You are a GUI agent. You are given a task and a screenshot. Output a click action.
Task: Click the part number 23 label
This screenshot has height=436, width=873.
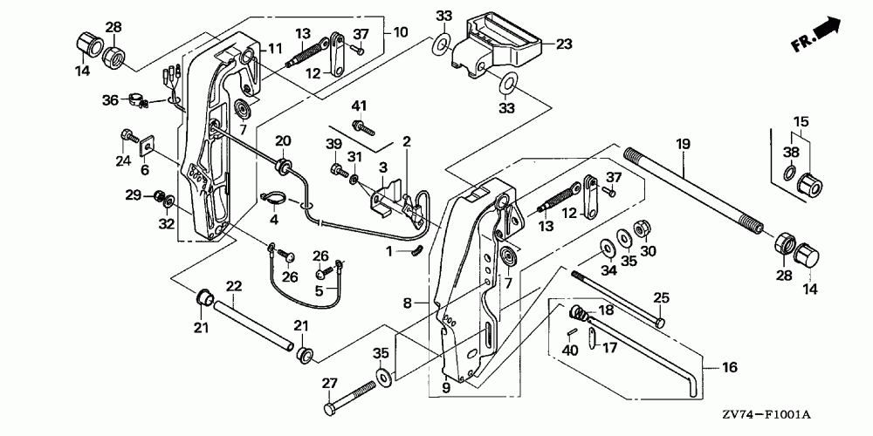coord(564,44)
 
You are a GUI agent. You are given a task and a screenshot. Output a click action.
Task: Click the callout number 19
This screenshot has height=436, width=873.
coord(684,144)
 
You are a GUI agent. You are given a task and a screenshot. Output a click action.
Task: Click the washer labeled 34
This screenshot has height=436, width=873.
coord(607,247)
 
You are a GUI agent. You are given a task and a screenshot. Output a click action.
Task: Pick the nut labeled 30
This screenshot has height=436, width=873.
coord(641,228)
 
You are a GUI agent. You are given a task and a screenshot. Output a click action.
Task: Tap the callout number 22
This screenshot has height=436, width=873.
coord(234,286)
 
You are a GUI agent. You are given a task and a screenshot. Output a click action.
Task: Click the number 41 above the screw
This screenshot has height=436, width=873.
coord(359,106)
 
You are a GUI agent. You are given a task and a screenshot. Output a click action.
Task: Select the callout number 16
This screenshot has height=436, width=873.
coord(729,367)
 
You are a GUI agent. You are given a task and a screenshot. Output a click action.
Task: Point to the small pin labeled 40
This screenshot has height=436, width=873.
coord(572,332)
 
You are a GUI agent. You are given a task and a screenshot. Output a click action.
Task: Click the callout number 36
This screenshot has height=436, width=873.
coord(110,100)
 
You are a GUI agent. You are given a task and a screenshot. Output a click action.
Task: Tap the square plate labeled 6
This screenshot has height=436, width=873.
coord(147,146)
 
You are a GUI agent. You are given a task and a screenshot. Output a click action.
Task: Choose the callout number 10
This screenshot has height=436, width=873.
coord(401,32)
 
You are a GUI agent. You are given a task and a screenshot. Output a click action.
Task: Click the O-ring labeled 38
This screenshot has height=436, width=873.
coord(789,173)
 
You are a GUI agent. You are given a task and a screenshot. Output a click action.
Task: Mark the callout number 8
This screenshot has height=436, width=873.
coord(407,303)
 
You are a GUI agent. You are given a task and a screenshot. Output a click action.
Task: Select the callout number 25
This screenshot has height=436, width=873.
coord(661,297)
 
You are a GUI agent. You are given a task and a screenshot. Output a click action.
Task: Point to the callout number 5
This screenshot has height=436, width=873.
coord(319,290)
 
